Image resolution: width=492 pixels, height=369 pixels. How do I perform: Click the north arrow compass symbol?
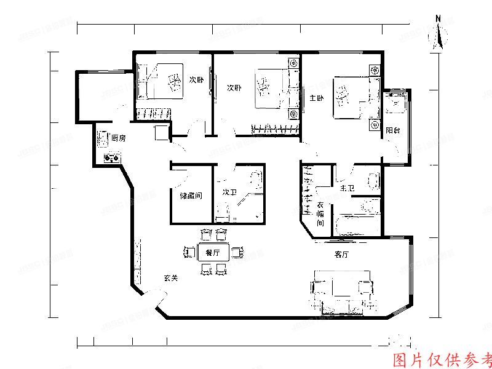pyautogui.click(x=439, y=33)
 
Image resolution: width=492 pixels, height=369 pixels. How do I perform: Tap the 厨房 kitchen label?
pyautogui.click(x=119, y=138)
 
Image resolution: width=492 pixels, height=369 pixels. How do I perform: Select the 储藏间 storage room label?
pyautogui.click(x=191, y=196)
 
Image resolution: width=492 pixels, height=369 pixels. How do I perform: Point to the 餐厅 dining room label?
pyautogui.click(x=213, y=252)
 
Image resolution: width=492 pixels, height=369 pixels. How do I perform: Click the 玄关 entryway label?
pyautogui.click(x=170, y=278)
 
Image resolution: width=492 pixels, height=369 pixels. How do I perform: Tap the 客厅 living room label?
pyautogui.click(x=342, y=253)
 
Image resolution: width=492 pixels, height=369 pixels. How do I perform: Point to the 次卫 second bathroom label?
pyautogui.click(x=229, y=192)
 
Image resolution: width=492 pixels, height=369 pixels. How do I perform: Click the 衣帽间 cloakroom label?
pyautogui.click(x=320, y=214)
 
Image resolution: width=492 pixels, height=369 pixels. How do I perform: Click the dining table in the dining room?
pyautogui.click(x=213, y=252)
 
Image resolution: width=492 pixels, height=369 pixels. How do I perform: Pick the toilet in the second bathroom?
pyautogui.click(x=256, y=180)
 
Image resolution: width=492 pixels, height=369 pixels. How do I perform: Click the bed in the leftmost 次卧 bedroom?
pyautogui.click(x=164, y=81)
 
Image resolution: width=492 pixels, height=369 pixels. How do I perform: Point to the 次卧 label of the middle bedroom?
pyautogui.click(x=234, y=87)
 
